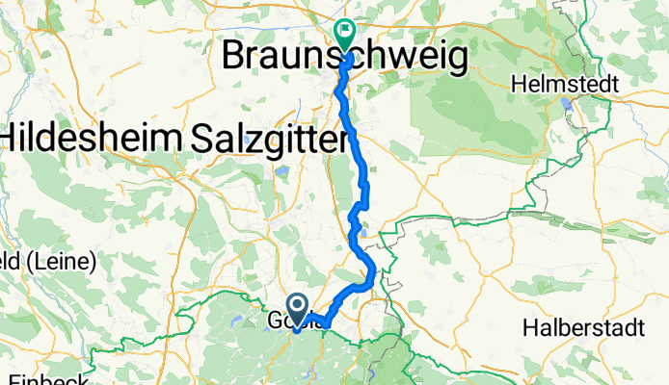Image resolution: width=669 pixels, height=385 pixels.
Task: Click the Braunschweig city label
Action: click(x=345, y=58)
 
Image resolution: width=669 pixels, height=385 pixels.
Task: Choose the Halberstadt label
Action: click(x=584, y=327)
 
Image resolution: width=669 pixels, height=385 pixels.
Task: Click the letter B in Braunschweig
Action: click(x=234, y=57)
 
